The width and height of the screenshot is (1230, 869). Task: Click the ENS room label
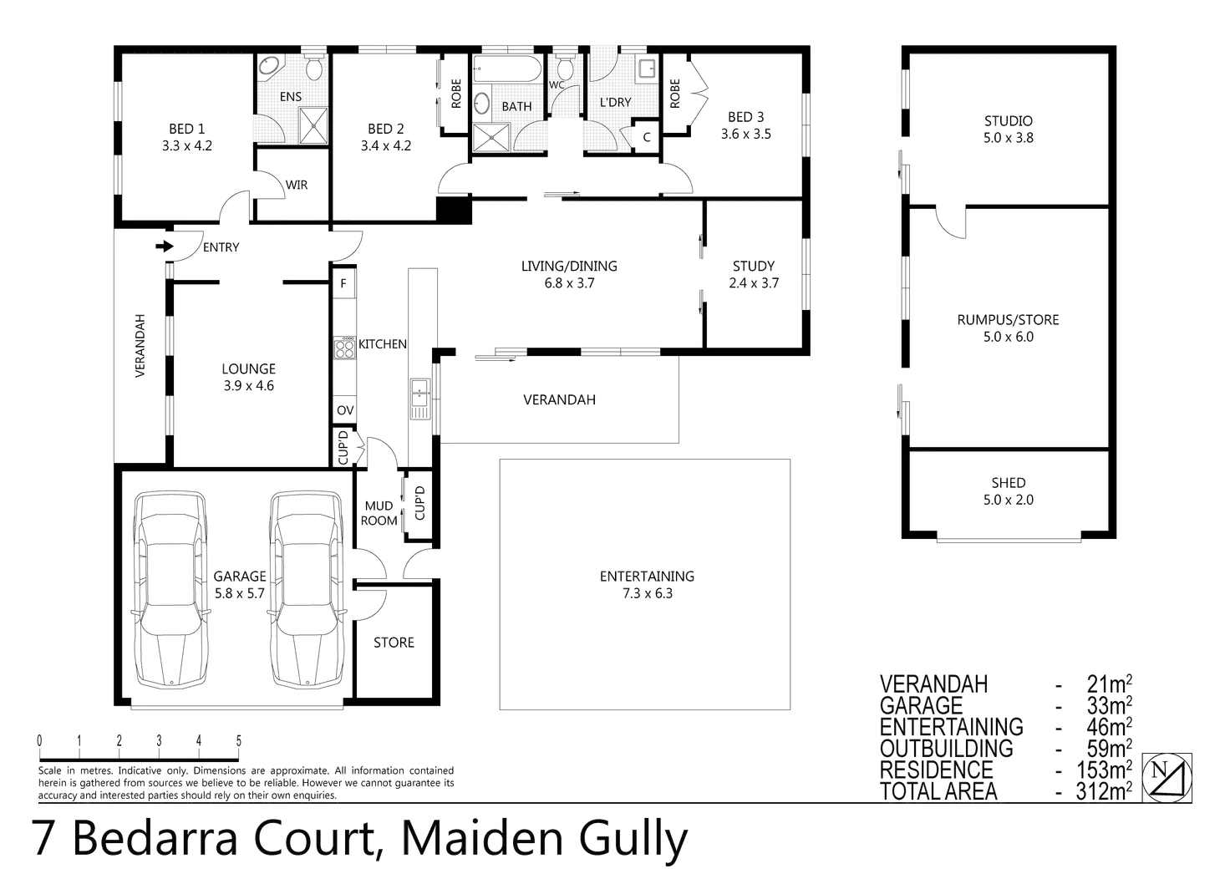[x=290, y=97]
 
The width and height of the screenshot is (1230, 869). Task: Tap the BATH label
[x=516, y=106]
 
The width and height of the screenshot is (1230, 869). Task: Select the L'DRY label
[x=615, y=102]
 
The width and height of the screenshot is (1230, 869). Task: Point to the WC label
[x=557, y=84]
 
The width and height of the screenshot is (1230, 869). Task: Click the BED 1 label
[x=186, y=128]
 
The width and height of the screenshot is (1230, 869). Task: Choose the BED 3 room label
[x=746, y=117]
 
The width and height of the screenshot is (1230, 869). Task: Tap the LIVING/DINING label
[x=573, y=266]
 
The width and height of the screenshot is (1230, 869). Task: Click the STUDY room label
[x=755, y=266]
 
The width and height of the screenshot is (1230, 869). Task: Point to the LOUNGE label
[x=249, y=368]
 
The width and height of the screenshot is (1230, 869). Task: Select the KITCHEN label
[x=381, y=343]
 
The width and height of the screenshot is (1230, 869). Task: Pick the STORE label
[x=394, y=642]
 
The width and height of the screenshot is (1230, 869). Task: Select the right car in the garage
[x=307, y=589]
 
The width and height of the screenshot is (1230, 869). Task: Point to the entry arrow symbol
[x=165, y=247]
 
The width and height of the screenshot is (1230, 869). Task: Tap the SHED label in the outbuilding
[x=1009, y=482]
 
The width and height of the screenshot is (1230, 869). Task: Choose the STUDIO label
[x=1008, y=122]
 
